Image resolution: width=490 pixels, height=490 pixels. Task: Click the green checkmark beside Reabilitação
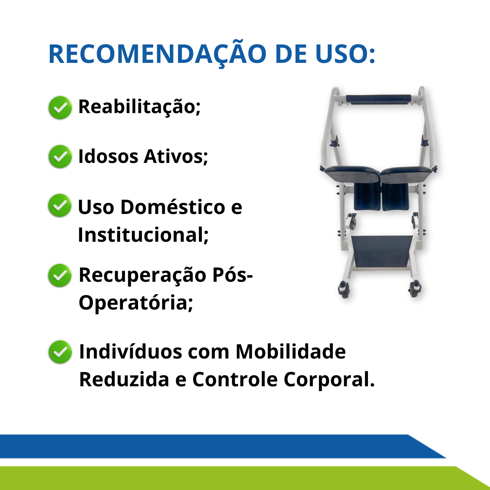[x=60, y=107]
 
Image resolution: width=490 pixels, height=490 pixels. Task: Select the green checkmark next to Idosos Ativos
[x=60, y=157]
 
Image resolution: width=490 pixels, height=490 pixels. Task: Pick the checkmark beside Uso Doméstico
[x=60, y=205]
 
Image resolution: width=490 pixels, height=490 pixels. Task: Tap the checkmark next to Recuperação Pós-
[x=60, y=275]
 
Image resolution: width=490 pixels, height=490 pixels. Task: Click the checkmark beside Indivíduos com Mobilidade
[x=60, y=352]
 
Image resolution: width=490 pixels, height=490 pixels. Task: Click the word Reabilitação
[x=139, y=107]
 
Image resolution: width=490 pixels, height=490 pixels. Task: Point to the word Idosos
[x=108, y=156]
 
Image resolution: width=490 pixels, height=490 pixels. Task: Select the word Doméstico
[x=173, y=207]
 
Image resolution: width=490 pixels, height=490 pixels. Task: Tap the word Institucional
[x=143, y=235]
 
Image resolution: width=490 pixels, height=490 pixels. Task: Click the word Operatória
[x=136, y=303]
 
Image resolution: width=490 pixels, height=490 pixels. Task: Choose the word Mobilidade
[x=291, y=352]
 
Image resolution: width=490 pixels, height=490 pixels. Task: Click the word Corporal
[x=329, y=380]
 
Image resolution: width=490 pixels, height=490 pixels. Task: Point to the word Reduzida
[x=124, y=379]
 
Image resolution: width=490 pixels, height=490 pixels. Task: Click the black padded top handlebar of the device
[x=379, y=99]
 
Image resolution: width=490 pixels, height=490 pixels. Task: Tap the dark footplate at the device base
[x=383, y=251]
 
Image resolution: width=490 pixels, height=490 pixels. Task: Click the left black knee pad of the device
[x=367, y=196]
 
